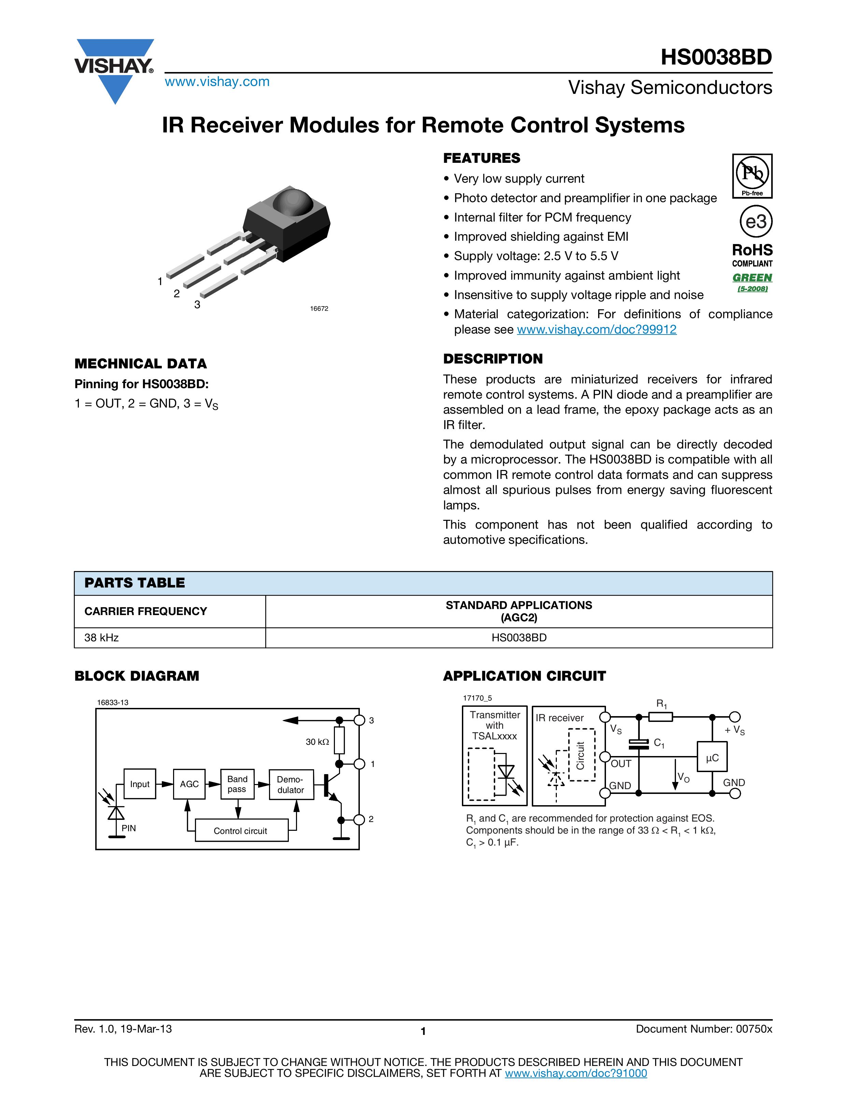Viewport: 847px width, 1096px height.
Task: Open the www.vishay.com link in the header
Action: pyautogui.click(x=217, y=82)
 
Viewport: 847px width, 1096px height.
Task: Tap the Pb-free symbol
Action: pyautogui.click(x=752, y=176)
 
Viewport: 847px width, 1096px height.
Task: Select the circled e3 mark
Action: pyautogui.click(x=756, y=221)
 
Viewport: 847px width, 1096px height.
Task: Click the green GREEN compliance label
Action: pyautogui.click(x=752, y=277)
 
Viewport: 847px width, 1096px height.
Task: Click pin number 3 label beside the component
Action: pyautogui.click(x=197, y=304)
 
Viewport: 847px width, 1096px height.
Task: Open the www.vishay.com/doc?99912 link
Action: pyautogui.click(x=596, y=330)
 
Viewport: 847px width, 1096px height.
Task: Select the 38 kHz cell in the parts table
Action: pyautogui.click(x=101, y=638)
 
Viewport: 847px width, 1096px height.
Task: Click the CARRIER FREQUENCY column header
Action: pyautogui.click(x=145, y=611)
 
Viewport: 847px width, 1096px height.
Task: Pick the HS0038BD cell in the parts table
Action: pyautogui.click(x=519, y=638)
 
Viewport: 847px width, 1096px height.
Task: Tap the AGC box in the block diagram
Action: pyautogui.click(x=189, y=784)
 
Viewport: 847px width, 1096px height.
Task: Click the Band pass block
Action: pyautogui.click(x=237, y=784)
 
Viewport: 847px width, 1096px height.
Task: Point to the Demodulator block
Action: pyautogui.click(x=291, y=784)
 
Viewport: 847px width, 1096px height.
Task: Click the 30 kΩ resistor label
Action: pyautogui.click(x=317, y=742)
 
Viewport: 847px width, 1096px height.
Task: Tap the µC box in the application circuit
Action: pyautogui.click(x=712, y=758)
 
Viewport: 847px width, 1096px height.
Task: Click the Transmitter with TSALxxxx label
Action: pyautogui.click(x=495, y=725)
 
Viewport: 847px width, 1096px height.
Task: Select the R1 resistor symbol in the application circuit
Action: pyautogui.click(x=661, y=717)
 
